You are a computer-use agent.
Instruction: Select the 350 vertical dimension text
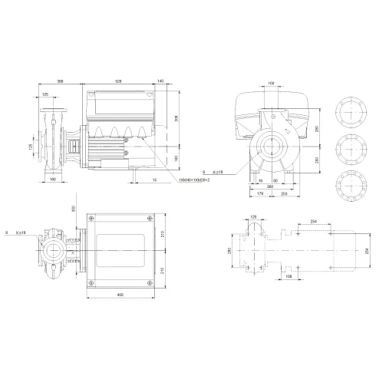(74, 209)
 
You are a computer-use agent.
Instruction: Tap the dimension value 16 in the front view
(260, 180)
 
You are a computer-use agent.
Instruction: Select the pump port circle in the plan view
(55, 249)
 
